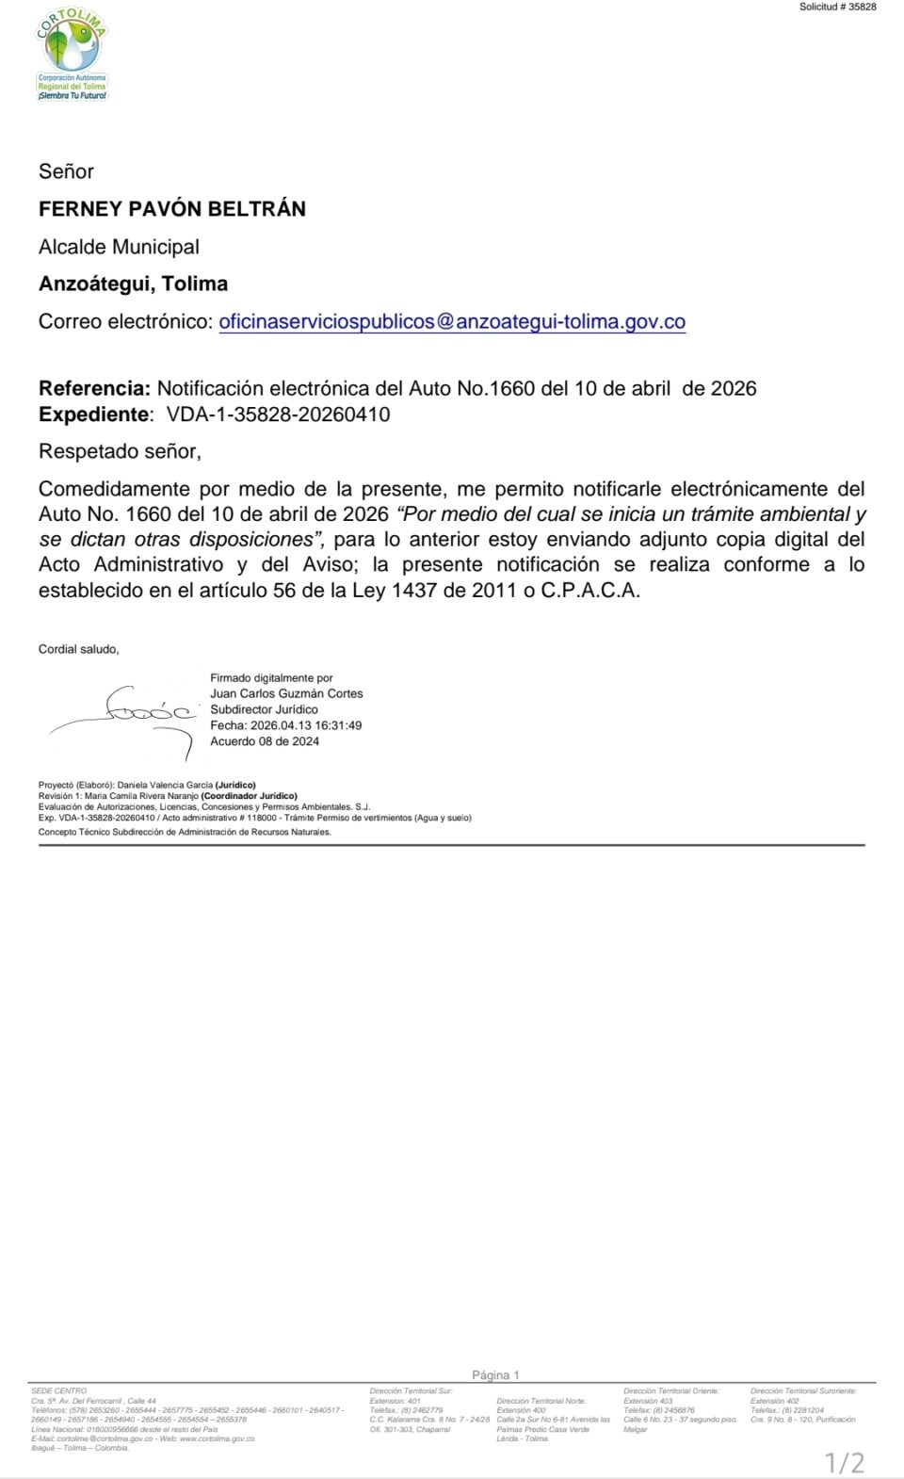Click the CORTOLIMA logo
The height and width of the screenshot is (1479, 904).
72,56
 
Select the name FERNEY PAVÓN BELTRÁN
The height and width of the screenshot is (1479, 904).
172,209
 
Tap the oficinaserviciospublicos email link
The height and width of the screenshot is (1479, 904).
452,322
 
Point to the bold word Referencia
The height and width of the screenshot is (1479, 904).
94,389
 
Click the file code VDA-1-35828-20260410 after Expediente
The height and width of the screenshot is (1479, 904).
278,414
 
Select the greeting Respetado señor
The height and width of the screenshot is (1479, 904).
120,451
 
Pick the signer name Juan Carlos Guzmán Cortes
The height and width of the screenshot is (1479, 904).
286,693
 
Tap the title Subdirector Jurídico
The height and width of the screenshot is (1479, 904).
264,709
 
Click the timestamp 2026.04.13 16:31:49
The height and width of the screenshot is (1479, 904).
306,725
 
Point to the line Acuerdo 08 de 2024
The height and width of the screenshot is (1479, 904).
265,741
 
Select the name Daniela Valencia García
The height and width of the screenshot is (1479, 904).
165,785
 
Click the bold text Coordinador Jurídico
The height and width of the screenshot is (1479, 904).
249,796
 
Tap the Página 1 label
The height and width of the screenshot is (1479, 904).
495,1375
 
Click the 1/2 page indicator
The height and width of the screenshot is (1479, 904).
844,1462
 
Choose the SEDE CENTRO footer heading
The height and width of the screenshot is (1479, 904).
58,1391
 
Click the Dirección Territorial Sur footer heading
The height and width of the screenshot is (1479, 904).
411,1391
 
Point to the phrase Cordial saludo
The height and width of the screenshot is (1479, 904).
78,649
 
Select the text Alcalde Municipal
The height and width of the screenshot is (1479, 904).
119,247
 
